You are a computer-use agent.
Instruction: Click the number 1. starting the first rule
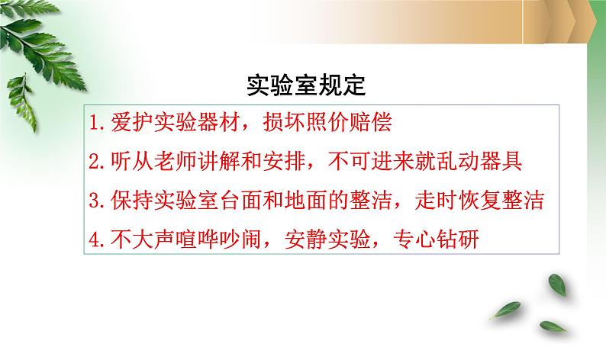coord(97,123)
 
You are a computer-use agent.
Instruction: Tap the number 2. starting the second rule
coord(97,162)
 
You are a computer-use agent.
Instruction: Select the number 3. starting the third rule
coord(97,201)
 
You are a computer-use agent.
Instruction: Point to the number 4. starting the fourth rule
coord(97,239)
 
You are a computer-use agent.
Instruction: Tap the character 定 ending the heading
coord(353,85)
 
